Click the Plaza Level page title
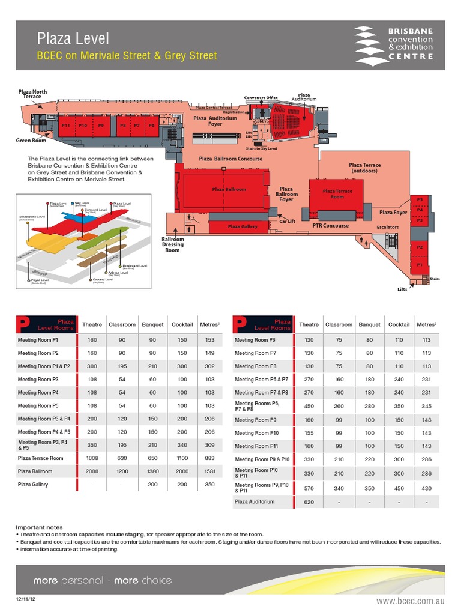tap(73, 39)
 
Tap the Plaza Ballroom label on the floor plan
tap(229, 189)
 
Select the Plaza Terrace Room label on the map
tap(337, 194)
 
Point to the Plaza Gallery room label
tap(243, 226)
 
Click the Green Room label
tap(31, 141)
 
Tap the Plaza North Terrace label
tap(32, 94)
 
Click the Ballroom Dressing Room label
tap(173, 244)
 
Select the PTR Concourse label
tap(330, 226)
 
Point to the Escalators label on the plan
tap(387, 228)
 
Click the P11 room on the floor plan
tap(66, 125)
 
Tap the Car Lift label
tap(288, 222)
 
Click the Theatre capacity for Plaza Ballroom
tap(92, 471)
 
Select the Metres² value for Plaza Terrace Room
tap(209, 458)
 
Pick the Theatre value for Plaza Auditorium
tap(309, 501)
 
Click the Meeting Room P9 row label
tap(256, 420)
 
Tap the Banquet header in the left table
tap(152, 324)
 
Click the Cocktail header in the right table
tap(399, 324)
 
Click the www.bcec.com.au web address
tap(411, 601)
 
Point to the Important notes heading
tap(39, 527)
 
